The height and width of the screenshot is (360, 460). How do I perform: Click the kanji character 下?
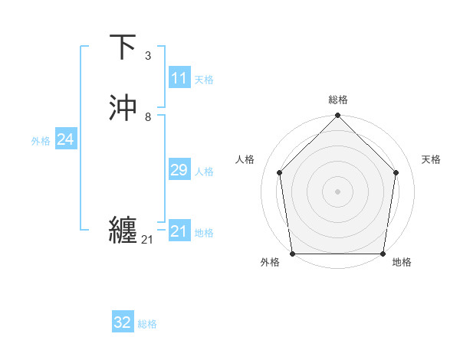point(123,47)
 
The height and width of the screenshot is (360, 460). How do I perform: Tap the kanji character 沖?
point(123,108)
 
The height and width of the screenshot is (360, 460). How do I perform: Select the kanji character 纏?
point(123,231)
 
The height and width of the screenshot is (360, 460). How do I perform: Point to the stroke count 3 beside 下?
point(148,56)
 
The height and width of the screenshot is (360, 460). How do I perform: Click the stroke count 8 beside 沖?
point(148,117)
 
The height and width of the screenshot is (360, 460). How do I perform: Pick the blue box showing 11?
point(179,78)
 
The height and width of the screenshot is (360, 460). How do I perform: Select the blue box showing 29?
point(179,170)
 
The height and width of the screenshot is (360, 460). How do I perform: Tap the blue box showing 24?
point(65,139)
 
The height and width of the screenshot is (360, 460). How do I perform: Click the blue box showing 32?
point(123,322)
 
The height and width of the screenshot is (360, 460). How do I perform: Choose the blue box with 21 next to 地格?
point(179,231)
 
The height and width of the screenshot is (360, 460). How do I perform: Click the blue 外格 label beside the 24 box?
point(41,141)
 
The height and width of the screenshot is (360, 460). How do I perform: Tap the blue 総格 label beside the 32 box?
point(147,324)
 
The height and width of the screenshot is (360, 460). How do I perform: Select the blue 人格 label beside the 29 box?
point(205,172)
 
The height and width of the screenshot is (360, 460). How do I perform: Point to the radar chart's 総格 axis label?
point(338,100)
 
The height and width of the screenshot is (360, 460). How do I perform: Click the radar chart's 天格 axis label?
point(432,159)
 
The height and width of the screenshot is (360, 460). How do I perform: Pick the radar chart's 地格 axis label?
point(402,262)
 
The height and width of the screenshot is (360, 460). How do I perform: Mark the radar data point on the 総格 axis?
point(338,116)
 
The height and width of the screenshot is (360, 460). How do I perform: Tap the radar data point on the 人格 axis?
point(279,172)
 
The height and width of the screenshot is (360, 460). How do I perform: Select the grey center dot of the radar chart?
point(338,191)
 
